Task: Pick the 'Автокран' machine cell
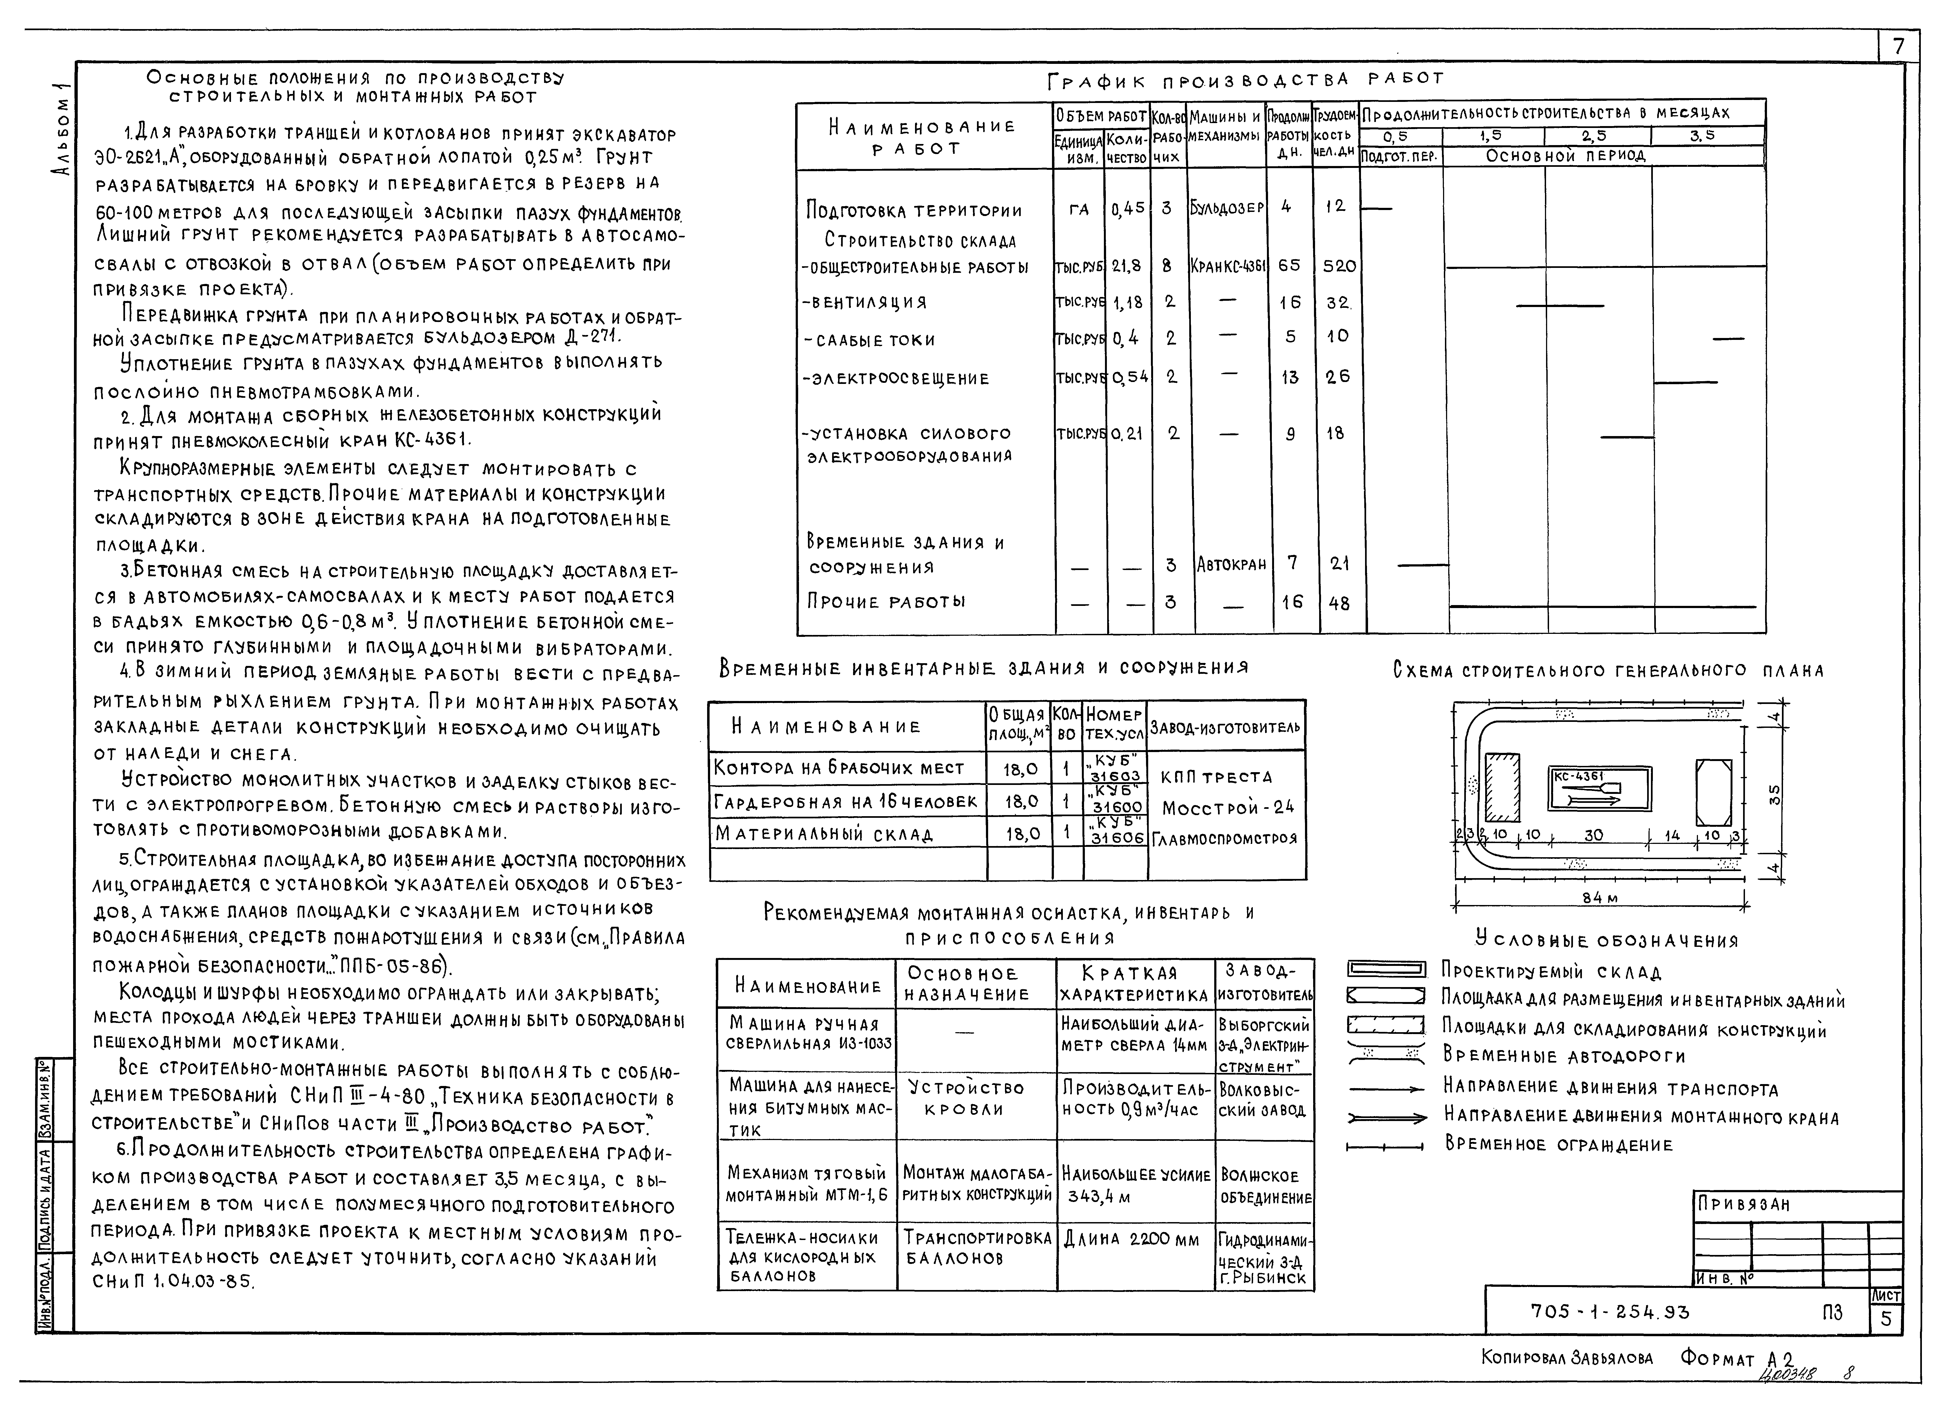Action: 1231,564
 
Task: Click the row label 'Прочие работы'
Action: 886,602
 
